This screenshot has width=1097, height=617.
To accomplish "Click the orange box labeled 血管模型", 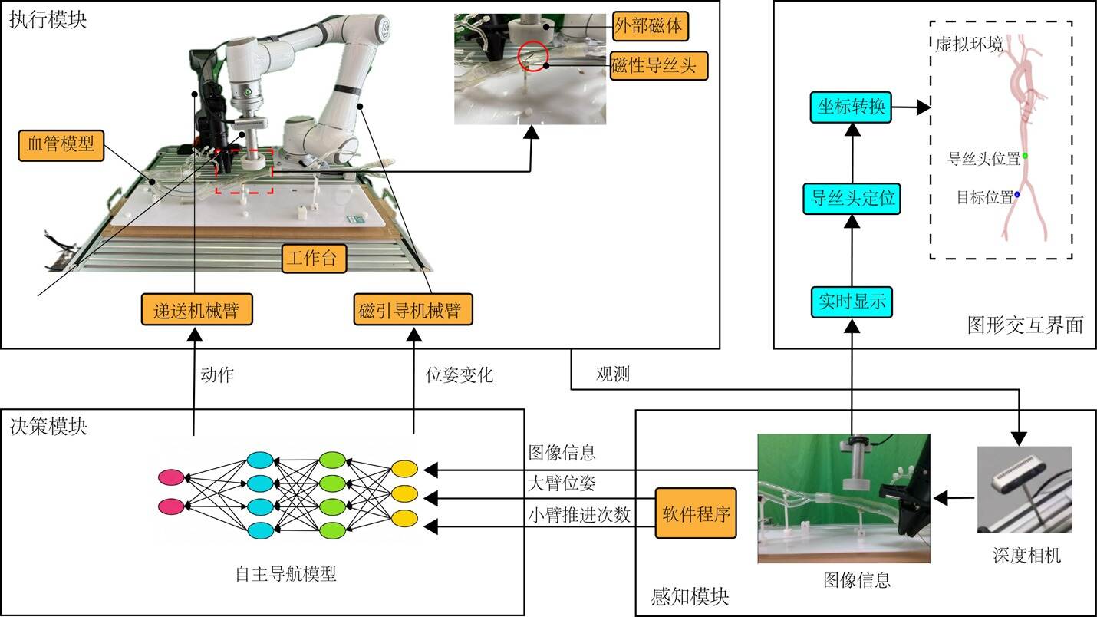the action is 61,146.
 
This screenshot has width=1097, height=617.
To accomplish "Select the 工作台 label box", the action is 314,259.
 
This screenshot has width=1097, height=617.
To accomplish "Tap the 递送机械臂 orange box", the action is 197,310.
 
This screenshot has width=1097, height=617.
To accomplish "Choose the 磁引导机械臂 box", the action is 413,310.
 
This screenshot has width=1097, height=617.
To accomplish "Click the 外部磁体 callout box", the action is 651,26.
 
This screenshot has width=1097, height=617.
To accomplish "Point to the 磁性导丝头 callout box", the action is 659,65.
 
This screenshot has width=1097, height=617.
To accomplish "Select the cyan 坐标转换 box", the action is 851,107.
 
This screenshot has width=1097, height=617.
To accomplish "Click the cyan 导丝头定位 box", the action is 852,199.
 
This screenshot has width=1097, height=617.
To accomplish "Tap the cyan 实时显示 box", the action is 852,302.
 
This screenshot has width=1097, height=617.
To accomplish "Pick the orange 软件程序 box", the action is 696,513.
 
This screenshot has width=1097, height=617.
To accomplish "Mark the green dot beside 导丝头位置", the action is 1025,156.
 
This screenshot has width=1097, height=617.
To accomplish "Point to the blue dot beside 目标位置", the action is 1016,195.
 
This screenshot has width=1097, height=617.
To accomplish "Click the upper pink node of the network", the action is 171,477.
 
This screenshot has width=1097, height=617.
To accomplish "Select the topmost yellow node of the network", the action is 404,468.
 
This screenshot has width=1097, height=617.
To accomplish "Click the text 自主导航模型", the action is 286,574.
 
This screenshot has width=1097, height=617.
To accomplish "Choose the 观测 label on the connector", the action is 613,374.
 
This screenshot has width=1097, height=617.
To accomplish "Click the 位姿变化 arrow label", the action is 459,375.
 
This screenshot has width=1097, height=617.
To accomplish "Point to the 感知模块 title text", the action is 690,597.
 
